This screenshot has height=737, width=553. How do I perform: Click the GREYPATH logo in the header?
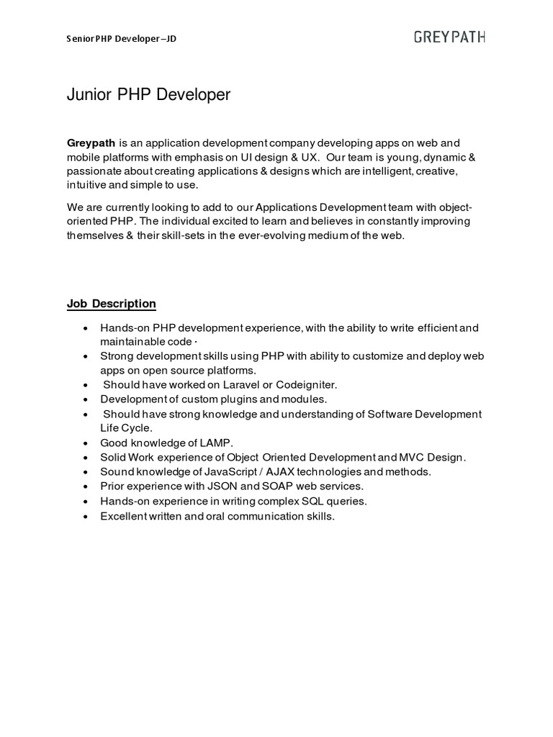[x=449, y=37]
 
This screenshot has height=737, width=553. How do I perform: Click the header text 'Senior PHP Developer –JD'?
[x=122, y=39]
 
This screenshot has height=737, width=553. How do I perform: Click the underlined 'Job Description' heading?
[x=112, y=304]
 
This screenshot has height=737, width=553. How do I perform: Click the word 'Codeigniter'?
[x=306, y=385]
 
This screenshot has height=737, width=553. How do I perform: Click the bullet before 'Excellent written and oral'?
[x=86, y=516]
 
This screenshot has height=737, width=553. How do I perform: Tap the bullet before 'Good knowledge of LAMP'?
[x=86, y=443]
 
